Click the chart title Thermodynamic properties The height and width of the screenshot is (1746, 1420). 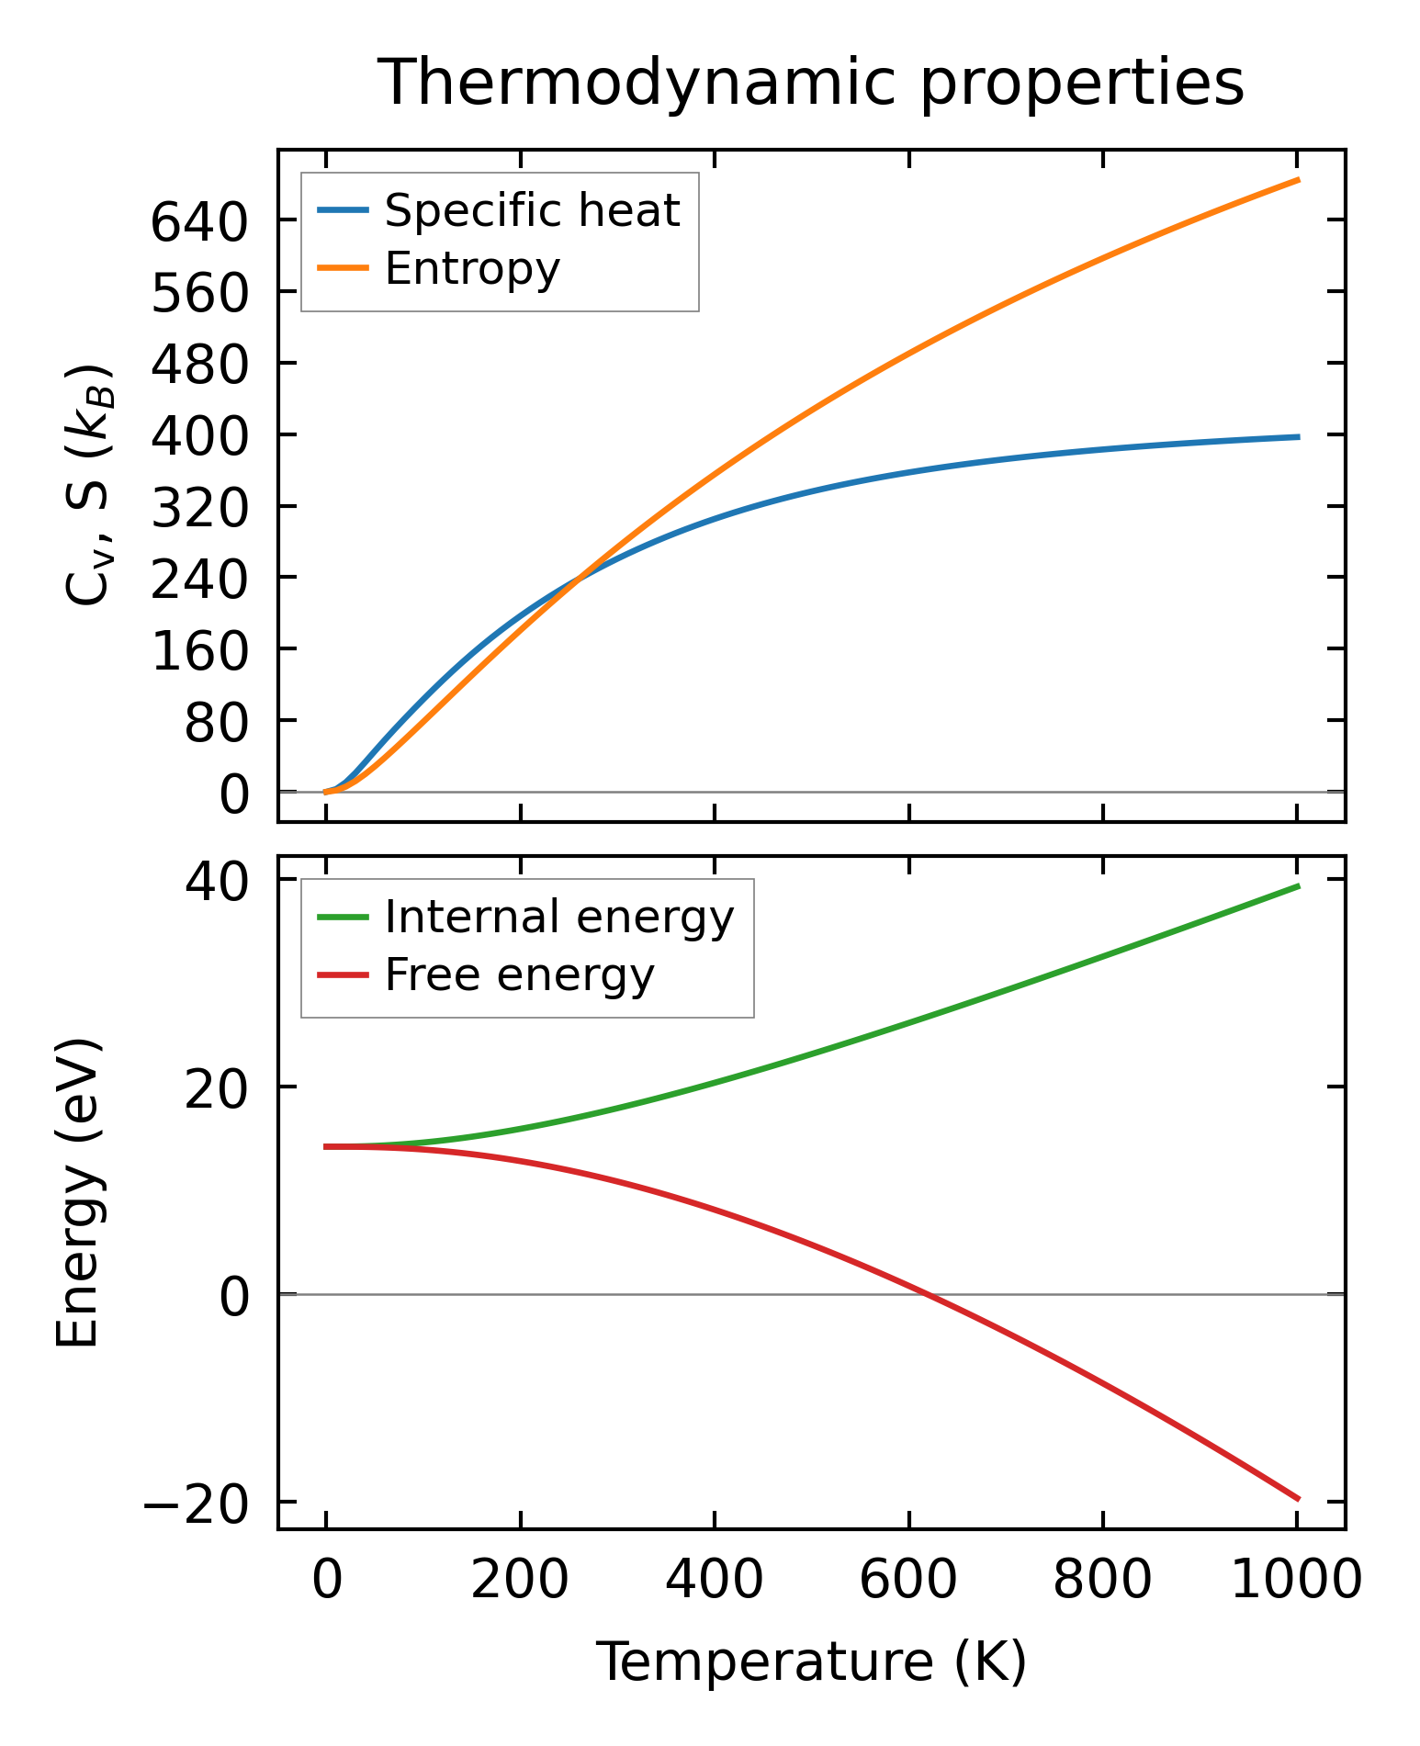(811, 83)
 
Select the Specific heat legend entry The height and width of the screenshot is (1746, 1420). (532, 210)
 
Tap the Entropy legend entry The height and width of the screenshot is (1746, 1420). (472, 268)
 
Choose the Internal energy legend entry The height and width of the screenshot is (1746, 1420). (559, 917)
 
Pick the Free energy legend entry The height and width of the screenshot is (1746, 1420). (519, 974)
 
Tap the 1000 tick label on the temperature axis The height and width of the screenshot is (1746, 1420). (1295, 1581)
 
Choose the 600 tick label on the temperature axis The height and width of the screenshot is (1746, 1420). (907, 1581)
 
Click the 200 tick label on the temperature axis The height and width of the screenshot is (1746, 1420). (520, 1581)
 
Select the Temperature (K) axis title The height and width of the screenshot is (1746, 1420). (811, 1662)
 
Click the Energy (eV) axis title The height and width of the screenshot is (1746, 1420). (77, 1192)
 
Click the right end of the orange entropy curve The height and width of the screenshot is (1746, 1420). (1299, 180)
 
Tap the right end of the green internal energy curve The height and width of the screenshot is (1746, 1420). (1299, 885)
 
